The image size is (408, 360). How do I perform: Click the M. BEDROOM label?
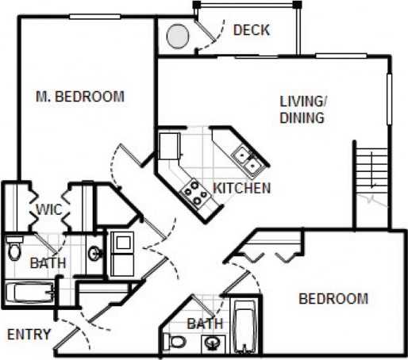[x=80, y=97]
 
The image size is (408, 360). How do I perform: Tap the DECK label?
[x=252, y=31]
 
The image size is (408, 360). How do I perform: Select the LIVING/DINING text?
[x=302, y=110]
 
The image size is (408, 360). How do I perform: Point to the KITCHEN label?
[x=242, y=189]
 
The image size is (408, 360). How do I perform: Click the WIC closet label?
[x=49, y=210]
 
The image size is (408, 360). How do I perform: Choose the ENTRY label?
[x=29, y=334]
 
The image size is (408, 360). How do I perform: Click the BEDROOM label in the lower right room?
[x=333, y=298]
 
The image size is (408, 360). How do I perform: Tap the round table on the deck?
[x=178, y=36]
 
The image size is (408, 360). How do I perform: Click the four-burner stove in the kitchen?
[x=193, y=190]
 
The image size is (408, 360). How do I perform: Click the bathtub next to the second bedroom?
[x=245, y=325]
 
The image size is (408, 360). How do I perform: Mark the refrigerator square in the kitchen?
[x=169, y=146]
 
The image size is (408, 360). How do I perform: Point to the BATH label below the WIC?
[x=48, y=263]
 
